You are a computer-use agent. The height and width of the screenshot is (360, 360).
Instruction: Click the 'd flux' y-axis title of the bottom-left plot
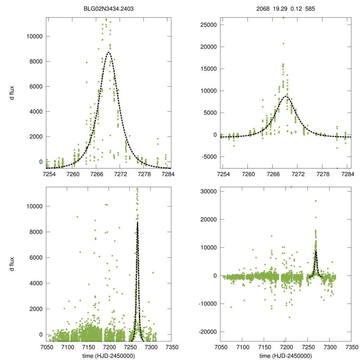click(x=12, y=264)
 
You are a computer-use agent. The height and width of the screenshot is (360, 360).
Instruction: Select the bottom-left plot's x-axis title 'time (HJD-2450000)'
click(x=109, y=356)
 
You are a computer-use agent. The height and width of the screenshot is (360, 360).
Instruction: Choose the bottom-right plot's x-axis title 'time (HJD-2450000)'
click(x=285, y=356)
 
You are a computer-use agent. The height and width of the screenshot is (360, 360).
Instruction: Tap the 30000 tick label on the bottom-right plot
click(x=208, y=191)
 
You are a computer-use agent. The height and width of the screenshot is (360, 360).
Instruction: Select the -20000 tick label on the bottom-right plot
click(x=207, y=332)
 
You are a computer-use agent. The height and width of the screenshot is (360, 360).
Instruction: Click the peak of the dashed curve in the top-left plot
click(x=109, y=52)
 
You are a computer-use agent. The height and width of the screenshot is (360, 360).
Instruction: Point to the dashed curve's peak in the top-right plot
click(x=286, y=96)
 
